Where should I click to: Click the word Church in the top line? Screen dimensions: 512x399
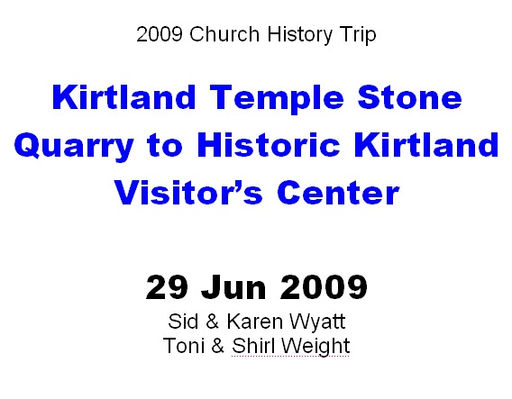pos(224,34)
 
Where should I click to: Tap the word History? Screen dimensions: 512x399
pos(299,35)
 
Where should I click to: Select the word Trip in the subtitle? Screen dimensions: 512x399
pos(358,35)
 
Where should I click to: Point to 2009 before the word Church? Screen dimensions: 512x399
pos(160,34)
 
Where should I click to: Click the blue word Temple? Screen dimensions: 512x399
pos(277,99)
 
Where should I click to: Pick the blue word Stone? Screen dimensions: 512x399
pos(410,97)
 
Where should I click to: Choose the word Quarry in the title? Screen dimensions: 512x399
pos(74,147)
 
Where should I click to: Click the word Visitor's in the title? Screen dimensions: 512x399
pos(188,193)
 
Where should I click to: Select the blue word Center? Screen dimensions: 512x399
pos(338,193)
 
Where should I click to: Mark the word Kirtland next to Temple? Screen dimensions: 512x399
pos(124,97)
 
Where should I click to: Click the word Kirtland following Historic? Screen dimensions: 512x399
pos(426,145)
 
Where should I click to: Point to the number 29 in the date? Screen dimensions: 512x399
pos(167,287)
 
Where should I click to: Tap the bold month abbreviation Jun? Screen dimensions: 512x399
pos(233,287)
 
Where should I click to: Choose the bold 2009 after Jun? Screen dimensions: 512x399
pos(324,287)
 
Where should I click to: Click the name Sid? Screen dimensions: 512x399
pos(183,322)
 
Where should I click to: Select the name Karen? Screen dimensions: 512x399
pos(255,322)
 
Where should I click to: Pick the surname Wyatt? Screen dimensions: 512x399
pos(316,322)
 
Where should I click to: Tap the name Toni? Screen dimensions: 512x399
pos(184,346)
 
